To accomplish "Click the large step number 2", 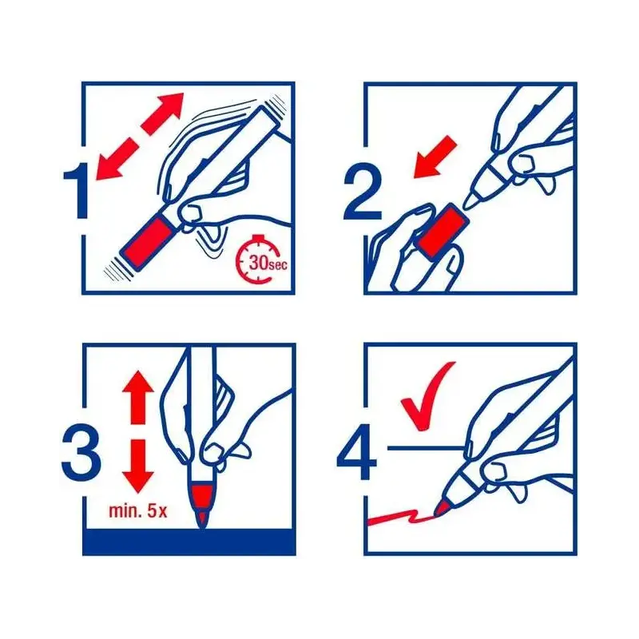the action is click(x=363, y=192).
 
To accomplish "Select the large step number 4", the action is click(x=357, y=452).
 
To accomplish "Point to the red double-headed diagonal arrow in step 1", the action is click(x=140, y=136).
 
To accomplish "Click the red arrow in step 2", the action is click(x=435, y=157).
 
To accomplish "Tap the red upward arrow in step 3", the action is click(x=137, y=396).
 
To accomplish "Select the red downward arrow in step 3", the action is click(x=137, y=466).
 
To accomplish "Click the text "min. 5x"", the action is click(x=137, y=510).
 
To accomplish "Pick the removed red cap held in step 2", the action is click(x=443, y=232).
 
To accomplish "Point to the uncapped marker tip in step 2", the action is click(x=473, y=201).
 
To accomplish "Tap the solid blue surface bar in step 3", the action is click(x=189, y=542).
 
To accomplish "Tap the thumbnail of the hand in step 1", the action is click(x=192, y=212).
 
